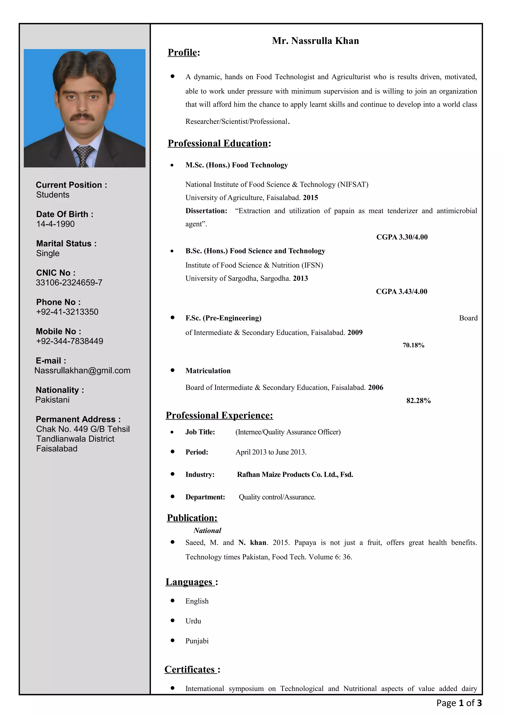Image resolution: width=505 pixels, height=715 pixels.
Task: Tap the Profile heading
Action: [x=183, y=52]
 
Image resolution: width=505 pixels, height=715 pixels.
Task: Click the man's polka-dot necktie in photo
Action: [x=83, y=156]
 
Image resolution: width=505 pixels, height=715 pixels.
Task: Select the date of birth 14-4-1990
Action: [x=55, y=224]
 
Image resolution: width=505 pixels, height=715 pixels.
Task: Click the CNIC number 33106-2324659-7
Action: [x=69, y=282]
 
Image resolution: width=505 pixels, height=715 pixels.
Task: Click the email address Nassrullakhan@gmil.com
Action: [x=82, y=370]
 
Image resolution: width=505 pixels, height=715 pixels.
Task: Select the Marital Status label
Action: [x=66, y=244]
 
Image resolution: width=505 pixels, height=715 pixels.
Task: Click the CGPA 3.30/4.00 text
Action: [x=402, y=237]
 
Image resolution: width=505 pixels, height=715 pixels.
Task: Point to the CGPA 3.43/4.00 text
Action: [x=401, y=291]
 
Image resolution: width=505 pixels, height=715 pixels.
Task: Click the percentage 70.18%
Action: [x=413, y=345]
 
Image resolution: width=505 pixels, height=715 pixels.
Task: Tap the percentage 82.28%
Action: [x=418, y=400]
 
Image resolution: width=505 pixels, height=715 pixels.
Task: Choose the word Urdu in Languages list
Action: [x=193, y=621]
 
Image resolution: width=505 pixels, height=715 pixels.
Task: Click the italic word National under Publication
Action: [x=207, y=530]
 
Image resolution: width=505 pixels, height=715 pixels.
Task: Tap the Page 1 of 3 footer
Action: [x=459, y=703]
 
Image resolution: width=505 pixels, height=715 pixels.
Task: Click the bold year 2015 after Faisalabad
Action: [x=310, y=197]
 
